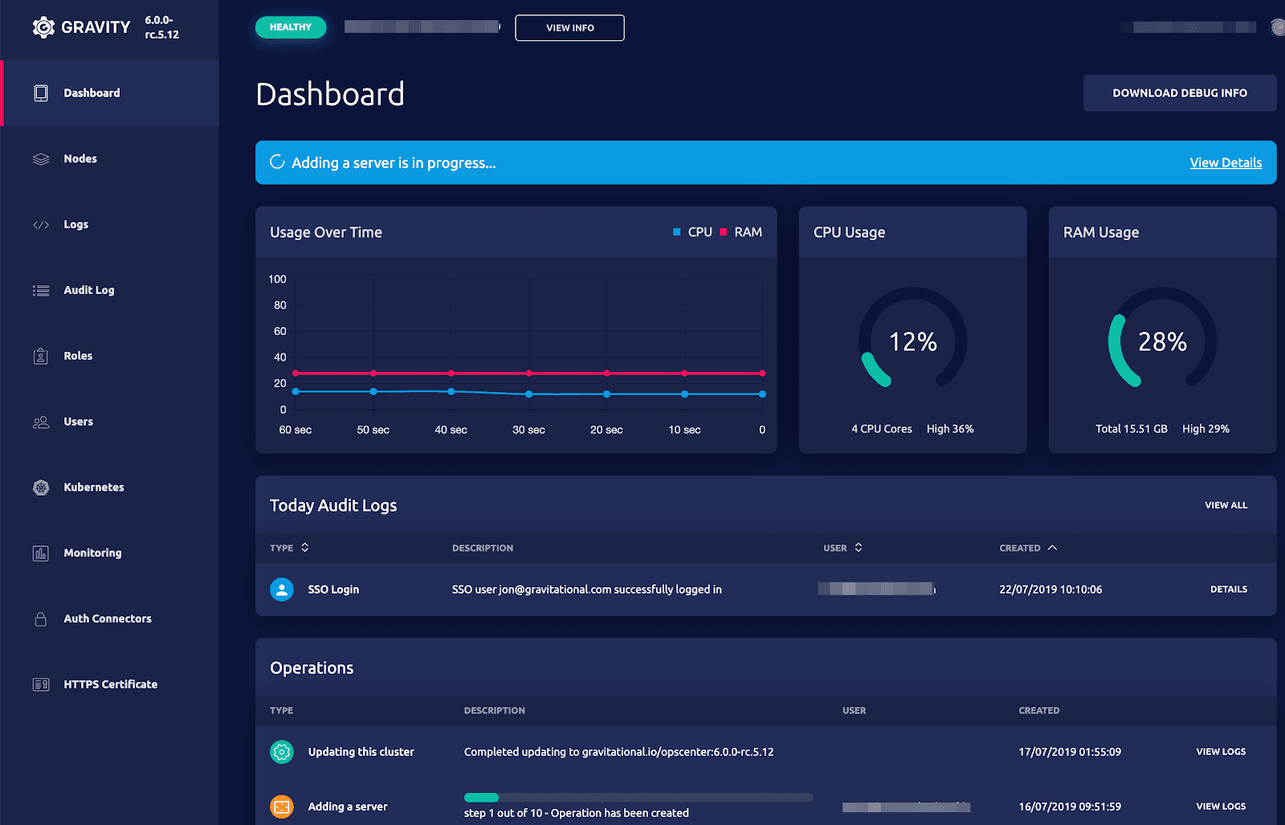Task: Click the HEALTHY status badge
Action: [x=291, y=27]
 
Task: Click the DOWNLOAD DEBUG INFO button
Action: [x=1179, y=93]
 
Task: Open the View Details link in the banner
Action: [x=1226, y=162]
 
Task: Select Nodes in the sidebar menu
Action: [x=80, y=159]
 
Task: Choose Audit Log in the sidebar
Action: [x=89, y=290]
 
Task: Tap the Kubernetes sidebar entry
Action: [x=94, y=488]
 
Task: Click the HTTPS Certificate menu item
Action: [x=110, y=684]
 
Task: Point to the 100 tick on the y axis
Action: [x=277, y=280]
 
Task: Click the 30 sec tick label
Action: [x=528, y=430]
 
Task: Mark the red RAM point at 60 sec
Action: [x=296, y=374]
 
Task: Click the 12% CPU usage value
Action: [x=912, y=342]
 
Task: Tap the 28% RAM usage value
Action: [x=1162, y=342]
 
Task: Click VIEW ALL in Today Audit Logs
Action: [x=1226, y=505]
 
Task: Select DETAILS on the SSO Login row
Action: [x=1229, y=590]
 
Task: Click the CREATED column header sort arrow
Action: [x=1052, y=548]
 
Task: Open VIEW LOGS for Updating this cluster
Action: [x=1221, y=752]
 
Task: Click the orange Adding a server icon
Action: [x=282, y=807]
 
